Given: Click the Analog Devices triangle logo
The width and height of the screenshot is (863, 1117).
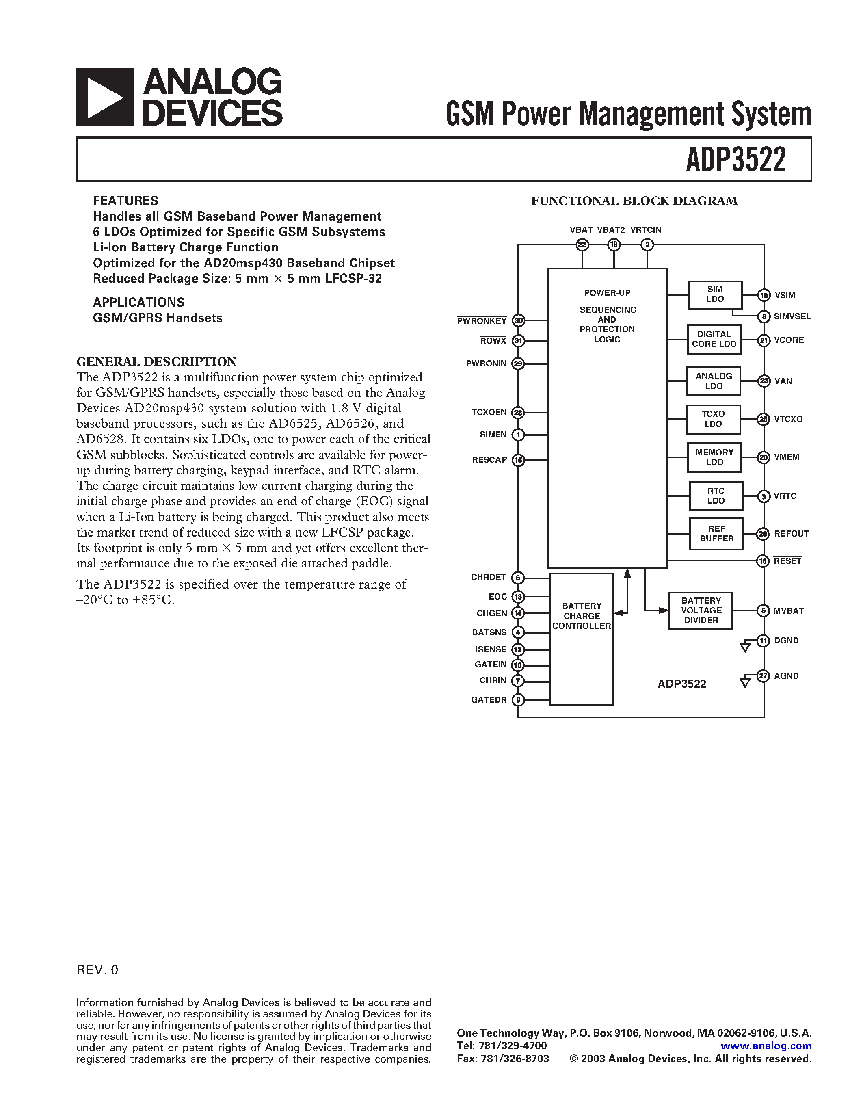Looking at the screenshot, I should click(x=105, y=97).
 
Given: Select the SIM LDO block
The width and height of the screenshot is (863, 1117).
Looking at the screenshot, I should click(x=715, y=294).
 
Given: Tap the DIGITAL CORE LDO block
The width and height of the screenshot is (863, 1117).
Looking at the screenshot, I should click(x=714, y=339).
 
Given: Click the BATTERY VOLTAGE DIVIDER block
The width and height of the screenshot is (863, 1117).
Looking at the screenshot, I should click(x=701, y=610).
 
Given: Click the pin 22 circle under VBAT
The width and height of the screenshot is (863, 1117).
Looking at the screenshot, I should click(x=582, y=245).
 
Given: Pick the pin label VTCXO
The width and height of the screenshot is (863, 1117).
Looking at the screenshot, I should click(x=788, y=419).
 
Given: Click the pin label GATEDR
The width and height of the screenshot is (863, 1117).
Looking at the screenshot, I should click(x=488, y=700).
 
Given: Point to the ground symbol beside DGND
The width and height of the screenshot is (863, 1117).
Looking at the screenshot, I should click(x=745, y=647).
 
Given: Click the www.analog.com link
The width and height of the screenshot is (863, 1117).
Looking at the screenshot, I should click(x=766, y=1046).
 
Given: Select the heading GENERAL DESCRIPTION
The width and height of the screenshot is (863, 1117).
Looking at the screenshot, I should click(x=156, y=362).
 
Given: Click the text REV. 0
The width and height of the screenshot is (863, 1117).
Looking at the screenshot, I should click(x=97, y=970).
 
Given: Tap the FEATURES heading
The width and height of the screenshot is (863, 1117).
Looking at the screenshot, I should click(x=125, y=201).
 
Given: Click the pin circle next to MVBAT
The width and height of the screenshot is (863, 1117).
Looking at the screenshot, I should click(x=763, y=610).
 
